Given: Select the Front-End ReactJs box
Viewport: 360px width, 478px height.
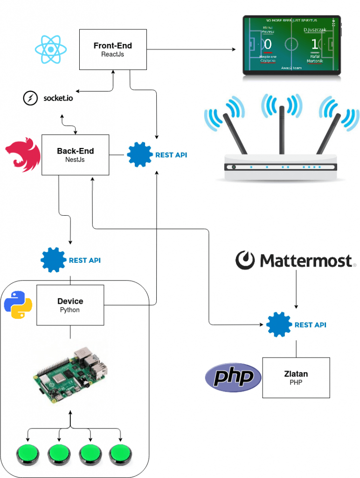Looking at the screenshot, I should click(112, 49).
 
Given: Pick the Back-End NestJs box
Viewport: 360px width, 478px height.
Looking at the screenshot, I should click(75, 155).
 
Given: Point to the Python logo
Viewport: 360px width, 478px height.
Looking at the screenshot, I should click(18, 304).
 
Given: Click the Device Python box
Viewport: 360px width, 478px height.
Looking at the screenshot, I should click(70, 305).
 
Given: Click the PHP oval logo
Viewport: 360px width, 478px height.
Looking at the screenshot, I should click(233, 377).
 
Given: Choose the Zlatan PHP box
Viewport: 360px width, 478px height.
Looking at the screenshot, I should click(296, 378).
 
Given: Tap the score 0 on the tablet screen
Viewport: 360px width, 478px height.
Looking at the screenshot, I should click(268, 45).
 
